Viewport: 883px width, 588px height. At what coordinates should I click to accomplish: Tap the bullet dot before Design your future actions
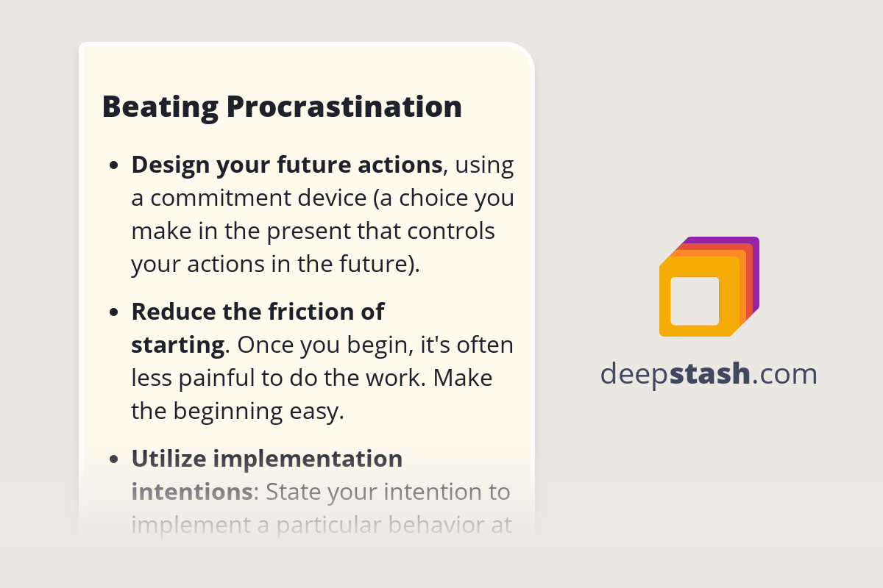(114, 166)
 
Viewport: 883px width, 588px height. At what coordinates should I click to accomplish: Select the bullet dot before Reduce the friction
(114, 312)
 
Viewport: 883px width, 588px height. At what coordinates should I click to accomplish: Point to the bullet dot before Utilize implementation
(114, 459)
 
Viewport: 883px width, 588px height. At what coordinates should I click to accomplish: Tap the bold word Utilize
(169, 459)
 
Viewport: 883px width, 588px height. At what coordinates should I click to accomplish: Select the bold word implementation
(308, 459)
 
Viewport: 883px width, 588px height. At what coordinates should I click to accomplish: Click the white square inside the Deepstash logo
(695, 301)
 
